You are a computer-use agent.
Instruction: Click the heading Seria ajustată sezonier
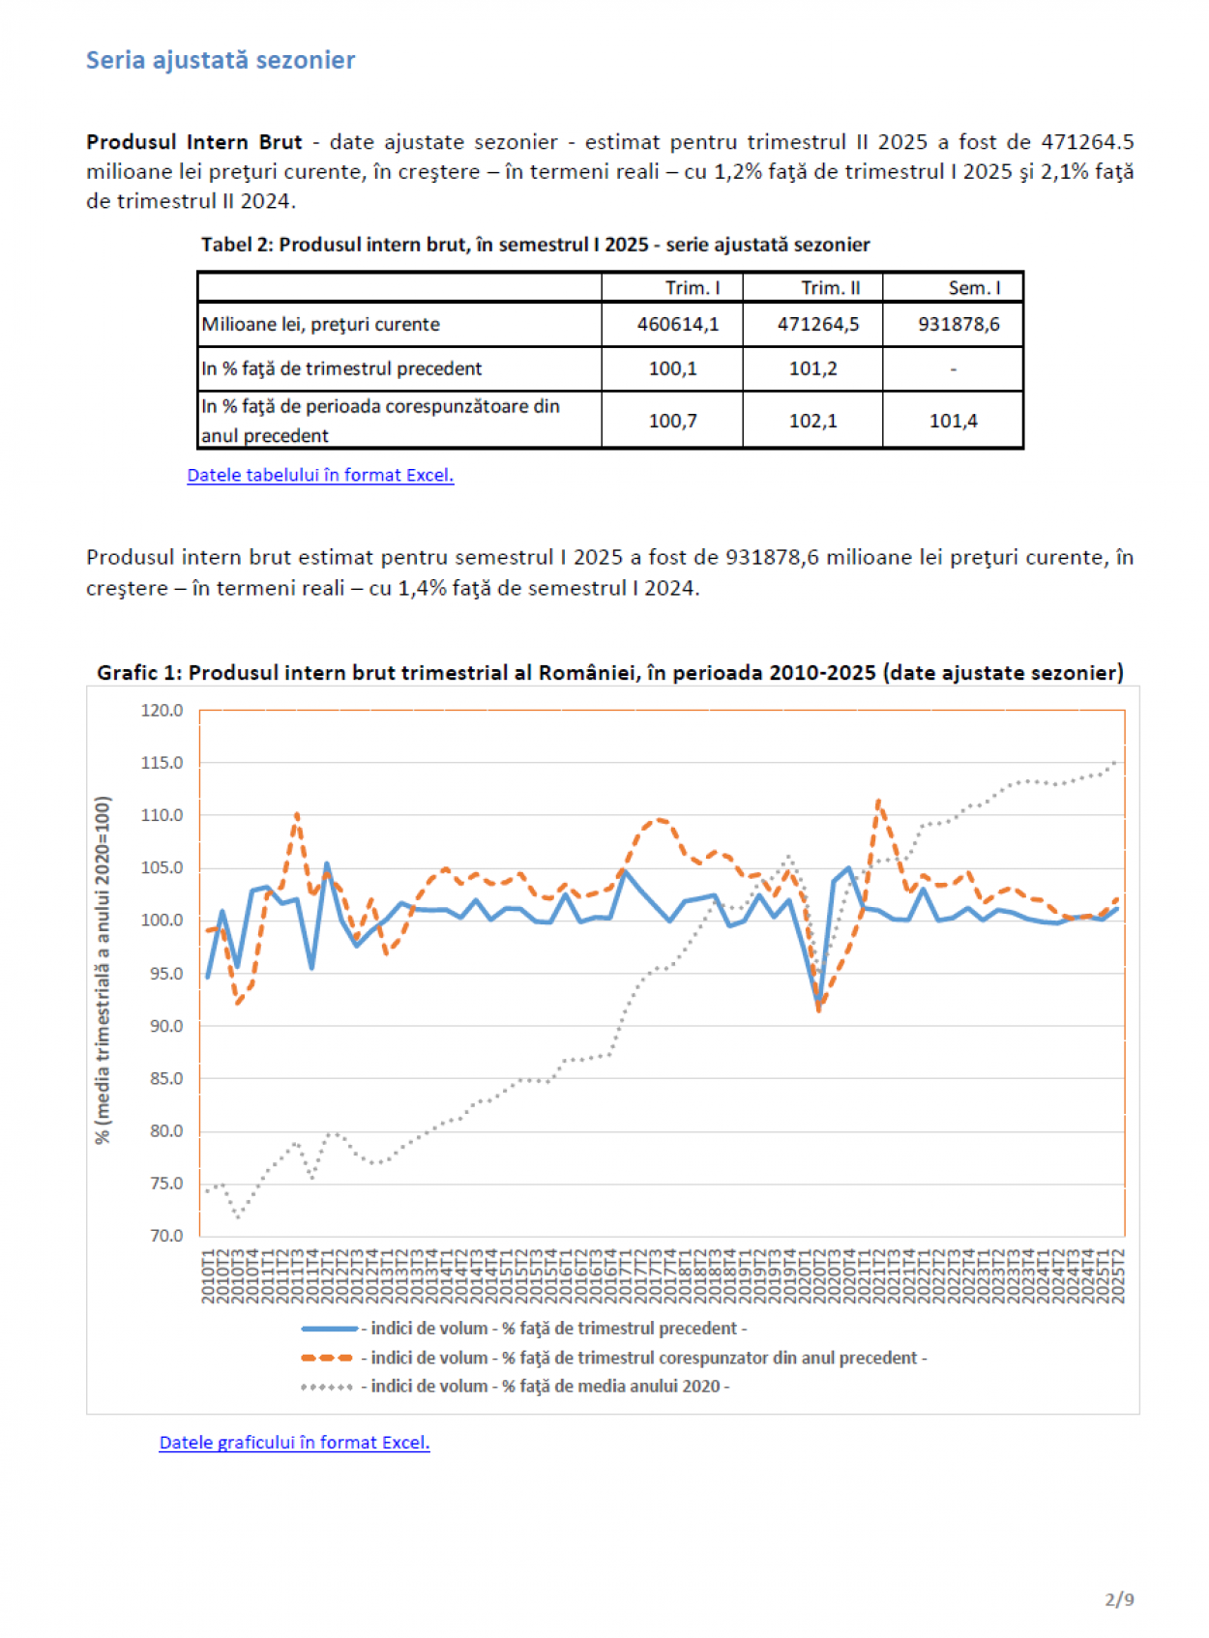click(221, 60)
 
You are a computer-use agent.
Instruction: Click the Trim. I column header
click(692, 288)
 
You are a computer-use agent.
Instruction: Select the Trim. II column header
click(830, 288)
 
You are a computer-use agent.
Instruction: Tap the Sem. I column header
click(973, 288)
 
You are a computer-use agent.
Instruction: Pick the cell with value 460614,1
click(677, 324)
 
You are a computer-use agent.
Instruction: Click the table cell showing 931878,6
click(958, 324)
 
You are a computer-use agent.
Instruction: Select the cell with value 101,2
click(812, 368)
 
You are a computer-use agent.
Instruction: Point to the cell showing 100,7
click(672, 421)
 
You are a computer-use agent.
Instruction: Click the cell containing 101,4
click(953, 421)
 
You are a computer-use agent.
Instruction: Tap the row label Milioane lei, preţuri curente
click(320, 324)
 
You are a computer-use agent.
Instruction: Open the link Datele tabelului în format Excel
click(320, 475)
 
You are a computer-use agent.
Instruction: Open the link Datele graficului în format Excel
click(294, 1442)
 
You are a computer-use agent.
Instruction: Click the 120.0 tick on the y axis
click(162, 711)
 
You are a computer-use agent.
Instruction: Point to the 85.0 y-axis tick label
click(165, 1078)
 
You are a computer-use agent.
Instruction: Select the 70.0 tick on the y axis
click(165, 1236)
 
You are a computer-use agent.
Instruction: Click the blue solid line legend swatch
click(329, 1329)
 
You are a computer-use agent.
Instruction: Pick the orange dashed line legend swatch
click(329, 1358)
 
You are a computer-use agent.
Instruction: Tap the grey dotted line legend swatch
click(328, 1387)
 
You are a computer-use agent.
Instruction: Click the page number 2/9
click(1119, 1599)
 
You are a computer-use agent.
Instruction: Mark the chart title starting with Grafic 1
click(610, 673)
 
